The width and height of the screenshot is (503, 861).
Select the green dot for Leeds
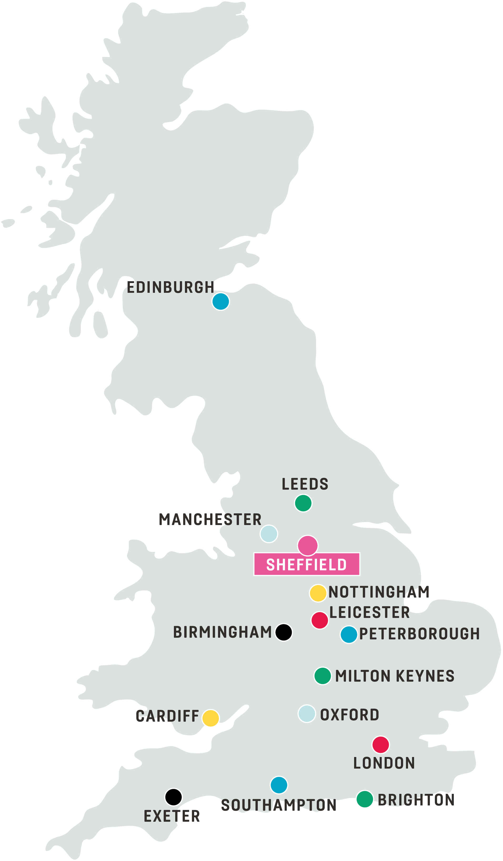pos(303,503)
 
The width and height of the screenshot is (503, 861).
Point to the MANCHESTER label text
pos(210,520)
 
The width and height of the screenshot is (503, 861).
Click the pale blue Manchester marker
pos(269,534)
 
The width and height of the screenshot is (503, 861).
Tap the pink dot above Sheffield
pos(308,545)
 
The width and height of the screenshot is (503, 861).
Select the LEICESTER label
pos(369,612)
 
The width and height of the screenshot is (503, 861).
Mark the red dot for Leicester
pos(320,620)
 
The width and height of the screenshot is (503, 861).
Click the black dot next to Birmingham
pos(283,632)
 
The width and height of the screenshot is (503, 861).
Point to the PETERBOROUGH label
pos(419,634)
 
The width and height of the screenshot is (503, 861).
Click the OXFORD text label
pos(349,715)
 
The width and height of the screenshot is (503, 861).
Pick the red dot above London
pos(380,745)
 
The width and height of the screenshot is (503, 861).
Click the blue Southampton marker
pos(279,785)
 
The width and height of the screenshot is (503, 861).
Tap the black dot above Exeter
pos(173,797)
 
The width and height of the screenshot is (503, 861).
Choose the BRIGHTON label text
pos(416,800)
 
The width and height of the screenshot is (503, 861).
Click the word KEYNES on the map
pos(425,676)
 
